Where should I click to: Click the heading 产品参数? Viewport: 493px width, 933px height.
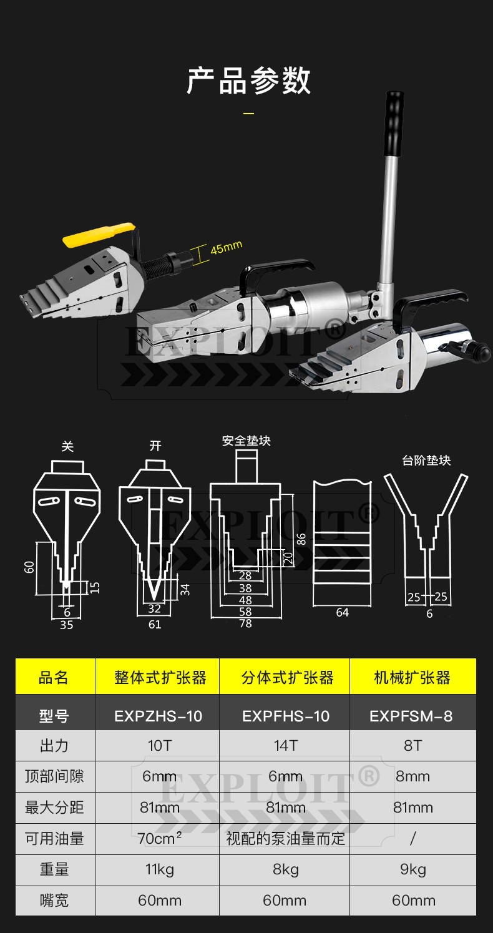click(248, 82)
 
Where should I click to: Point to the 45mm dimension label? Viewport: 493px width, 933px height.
click(225, 248)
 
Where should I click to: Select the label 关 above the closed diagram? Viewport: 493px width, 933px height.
click(67, 446)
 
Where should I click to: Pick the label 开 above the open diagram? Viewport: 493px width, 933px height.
click(155, 446)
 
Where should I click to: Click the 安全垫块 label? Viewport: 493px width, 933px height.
click(246, 441)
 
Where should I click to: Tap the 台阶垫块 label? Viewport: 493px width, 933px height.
click(426, 461)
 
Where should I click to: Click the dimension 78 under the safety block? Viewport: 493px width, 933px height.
click(245, 623)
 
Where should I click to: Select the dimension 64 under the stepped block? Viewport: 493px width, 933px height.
click(342, 612)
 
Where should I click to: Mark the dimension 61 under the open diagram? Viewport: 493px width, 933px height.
click(155, 623)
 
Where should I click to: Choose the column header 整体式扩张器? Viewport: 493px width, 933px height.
click(160, 678)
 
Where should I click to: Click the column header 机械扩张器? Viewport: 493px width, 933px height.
click(412, 678)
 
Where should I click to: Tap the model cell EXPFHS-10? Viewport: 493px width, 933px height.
click(286, 716)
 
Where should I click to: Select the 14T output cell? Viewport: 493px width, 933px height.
click(286, 746)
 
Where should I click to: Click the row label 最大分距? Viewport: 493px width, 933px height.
click(54, 808)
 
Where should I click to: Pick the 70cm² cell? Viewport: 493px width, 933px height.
click(159, 838)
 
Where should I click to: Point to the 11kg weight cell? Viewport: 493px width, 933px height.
click(160, 869)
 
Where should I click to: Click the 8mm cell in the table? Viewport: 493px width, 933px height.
click(412, 776)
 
